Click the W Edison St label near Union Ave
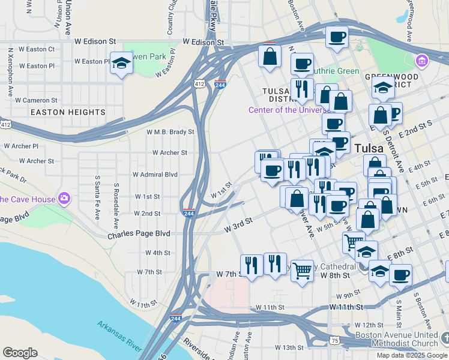click(x=95, y=41)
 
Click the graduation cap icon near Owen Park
click(x=122, y=64)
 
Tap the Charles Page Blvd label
click(x=139, y=233)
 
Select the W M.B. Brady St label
click(x=170, y=132)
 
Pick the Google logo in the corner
click(x=20, y=353)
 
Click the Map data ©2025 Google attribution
click(x=412, y=355)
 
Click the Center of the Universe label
click(x=289, y=110)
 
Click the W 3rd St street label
click(x=238, y=227)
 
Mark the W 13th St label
click(x=290, y=347)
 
